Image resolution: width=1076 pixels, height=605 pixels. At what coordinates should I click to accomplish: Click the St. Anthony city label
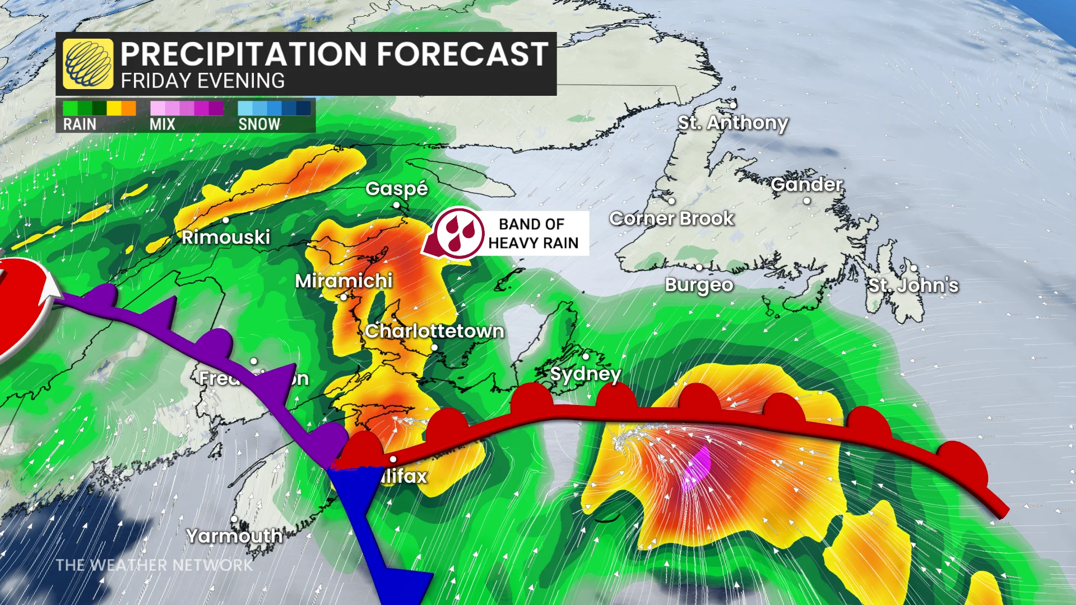tap(732, 122)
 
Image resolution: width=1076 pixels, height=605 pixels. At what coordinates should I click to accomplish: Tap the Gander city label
tap(806, 184)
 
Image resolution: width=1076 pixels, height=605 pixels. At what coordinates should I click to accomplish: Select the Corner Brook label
tap(671, 218)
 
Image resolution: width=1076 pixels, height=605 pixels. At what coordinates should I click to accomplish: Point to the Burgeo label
tap(699, 285)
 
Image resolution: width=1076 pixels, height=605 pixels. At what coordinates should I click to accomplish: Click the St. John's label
tap(913, 285)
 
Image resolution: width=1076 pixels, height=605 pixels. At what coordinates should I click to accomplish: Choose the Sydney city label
tap(585, 374)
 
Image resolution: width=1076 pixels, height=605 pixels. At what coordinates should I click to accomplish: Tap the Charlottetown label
tap(434, 331)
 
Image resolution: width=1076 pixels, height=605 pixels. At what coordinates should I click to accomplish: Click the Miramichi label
tap(344, 281)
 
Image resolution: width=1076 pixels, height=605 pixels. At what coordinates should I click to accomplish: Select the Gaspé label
tap(397, 189)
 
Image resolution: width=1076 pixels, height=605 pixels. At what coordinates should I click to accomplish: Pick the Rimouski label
tap(226, 237)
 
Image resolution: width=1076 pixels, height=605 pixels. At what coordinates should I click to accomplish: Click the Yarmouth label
tap(234, 536)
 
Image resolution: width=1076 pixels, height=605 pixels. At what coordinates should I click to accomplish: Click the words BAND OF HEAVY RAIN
tap(532, 234)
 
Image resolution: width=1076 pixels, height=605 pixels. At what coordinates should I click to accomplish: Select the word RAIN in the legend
tap(80, 124)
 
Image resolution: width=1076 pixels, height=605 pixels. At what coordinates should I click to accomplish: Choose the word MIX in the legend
tap(163, 124)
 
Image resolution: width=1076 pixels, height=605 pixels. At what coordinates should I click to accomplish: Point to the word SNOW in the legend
tap(259, 124)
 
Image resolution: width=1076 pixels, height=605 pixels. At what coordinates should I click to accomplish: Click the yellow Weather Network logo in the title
tap(88, 64)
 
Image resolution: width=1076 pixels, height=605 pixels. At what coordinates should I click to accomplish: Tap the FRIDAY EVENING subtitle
tap(203, 81)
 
